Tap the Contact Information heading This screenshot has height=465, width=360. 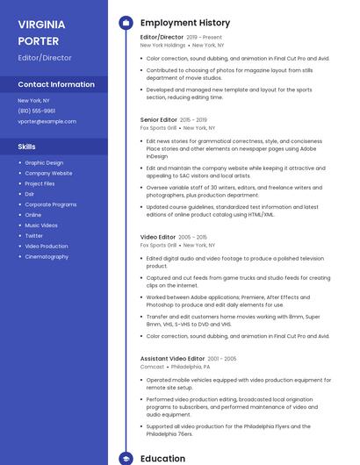tap(56, 85)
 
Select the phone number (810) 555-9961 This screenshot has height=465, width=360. tap(37, 111)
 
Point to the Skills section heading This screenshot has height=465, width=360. tap(27, 147)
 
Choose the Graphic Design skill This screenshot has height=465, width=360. tap(44, 162)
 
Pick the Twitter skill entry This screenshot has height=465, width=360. tap(33, 236)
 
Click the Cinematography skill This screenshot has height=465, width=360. tap(47, 257)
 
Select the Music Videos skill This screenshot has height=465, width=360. tap(41, 225)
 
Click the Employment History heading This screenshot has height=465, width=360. tap(185, 23)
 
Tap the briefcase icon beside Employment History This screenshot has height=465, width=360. tap(125, 23)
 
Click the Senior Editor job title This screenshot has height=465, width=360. tap(158, 118)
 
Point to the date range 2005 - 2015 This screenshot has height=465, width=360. tap(193, 237)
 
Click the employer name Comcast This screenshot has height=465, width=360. tap(151, 367)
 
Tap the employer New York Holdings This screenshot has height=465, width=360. tap(162, 45)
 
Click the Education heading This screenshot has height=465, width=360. tap(162, 458)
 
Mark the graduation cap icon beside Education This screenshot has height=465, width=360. tap(125, 458)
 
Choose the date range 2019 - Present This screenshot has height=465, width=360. tap(204, 37)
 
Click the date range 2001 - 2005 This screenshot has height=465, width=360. tap(222, 358)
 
